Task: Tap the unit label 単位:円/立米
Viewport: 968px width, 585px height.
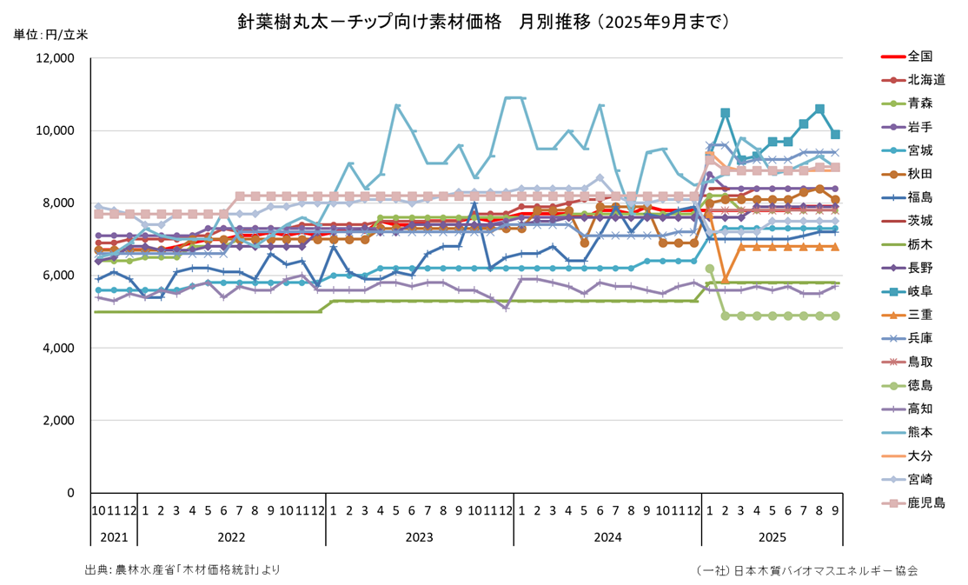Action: click(x=50, y=35)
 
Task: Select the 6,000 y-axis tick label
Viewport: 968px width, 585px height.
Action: click(x=60, y=276)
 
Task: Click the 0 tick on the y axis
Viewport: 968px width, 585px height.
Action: click(x=70, y=493)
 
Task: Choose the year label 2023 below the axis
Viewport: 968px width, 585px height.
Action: click(x=420, y=537)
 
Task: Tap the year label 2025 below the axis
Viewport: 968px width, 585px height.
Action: click(x=772, y=537)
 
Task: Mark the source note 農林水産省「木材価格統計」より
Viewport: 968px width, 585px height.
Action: click(x=182, y=569)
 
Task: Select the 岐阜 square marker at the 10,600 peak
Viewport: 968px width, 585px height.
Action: click(x=819, y=110)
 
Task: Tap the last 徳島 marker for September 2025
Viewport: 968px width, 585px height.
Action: click(x=835, y=316)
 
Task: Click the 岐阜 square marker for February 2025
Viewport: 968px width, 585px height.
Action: click(x=726, y=113)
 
